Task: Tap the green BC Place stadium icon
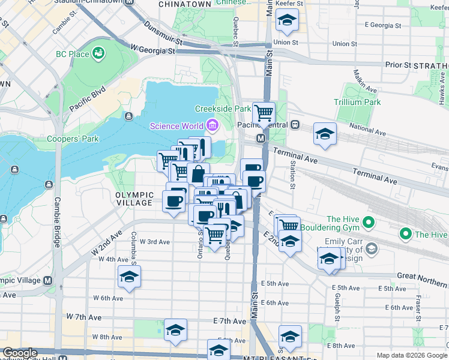click(98, 54)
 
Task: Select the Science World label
click(176, 126)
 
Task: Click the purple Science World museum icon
click(212, 126)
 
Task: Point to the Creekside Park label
click(223, 109)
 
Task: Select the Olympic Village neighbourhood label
click(134, 199)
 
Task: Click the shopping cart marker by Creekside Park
click(264, 112)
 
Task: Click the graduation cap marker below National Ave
click(325, 133)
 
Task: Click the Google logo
click(20, 353)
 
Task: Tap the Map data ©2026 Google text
click(412, 355)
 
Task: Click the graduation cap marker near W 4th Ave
click(129, 276)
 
